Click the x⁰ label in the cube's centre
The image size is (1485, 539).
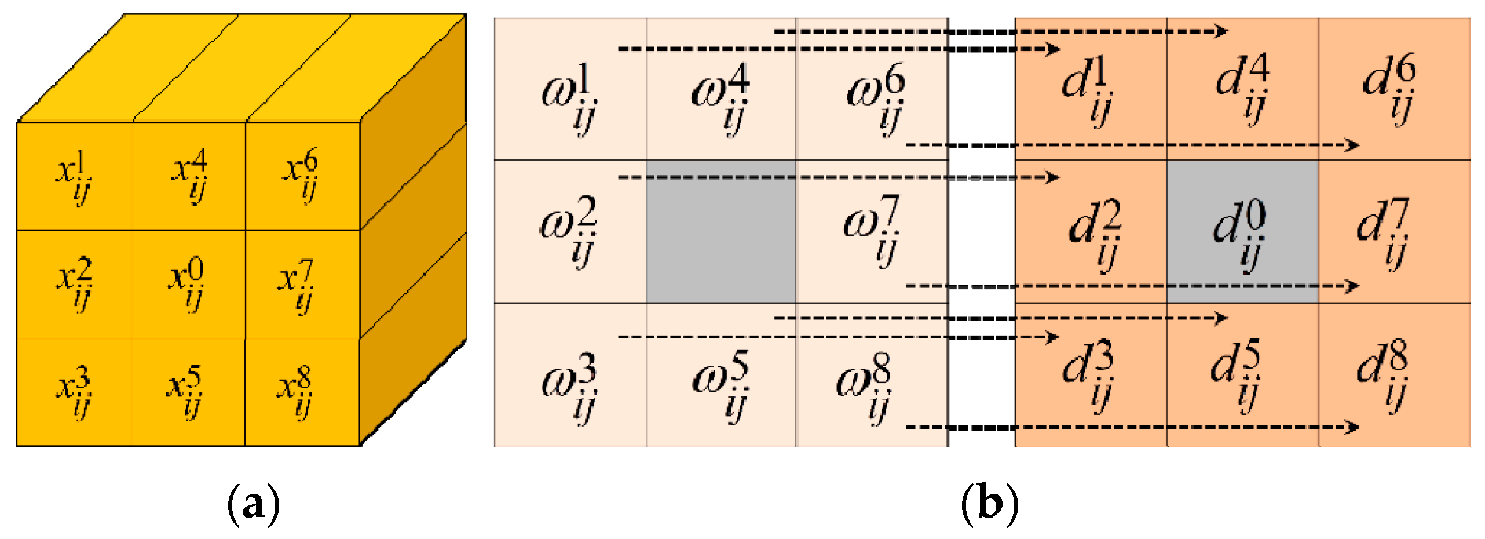[186, 284]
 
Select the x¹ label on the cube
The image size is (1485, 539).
[74, 177]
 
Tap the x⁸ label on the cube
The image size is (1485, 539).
[295, 391]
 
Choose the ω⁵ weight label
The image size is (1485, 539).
[721, 385]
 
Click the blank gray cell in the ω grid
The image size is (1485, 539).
[720, 232]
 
